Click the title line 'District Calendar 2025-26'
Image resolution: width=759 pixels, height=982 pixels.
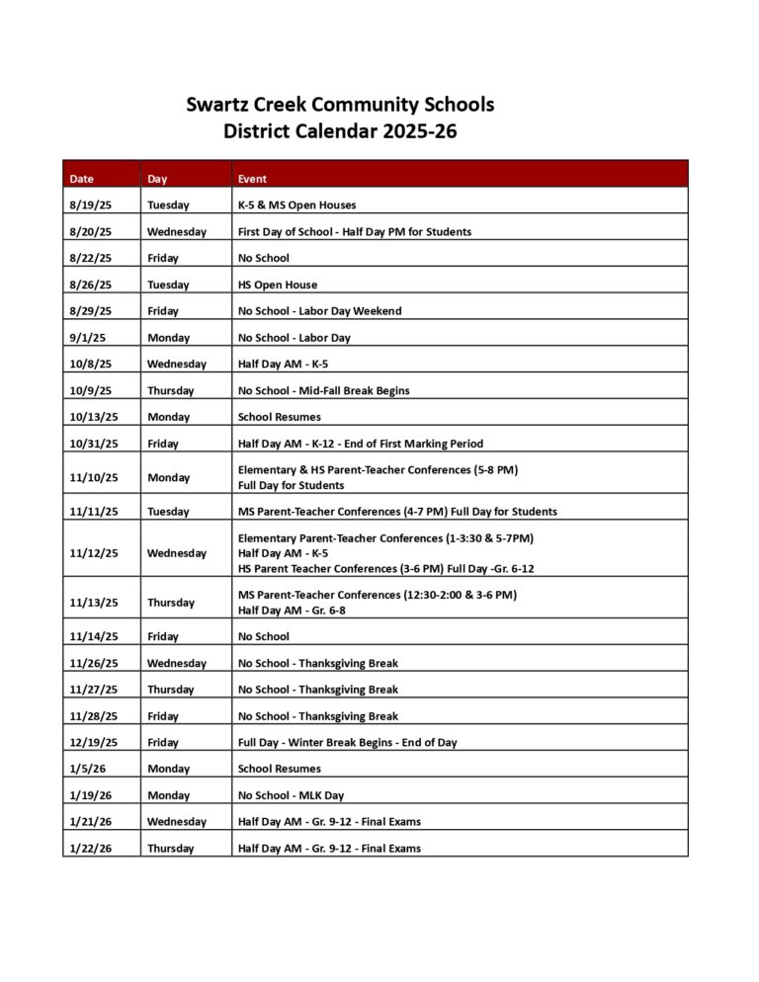(340, 129)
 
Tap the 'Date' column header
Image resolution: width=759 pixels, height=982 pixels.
(82, 179)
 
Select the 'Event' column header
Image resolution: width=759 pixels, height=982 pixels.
(252, 179)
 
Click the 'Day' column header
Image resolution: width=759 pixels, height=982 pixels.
(157, 179)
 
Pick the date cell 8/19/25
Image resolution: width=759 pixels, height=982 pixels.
(91, 205)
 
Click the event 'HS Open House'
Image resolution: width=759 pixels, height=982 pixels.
(278, 285)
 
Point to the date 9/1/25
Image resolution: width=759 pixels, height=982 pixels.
(87, 338)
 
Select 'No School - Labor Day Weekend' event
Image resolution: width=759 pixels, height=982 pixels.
(319, 311)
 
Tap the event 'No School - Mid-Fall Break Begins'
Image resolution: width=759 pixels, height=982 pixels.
(323, 390)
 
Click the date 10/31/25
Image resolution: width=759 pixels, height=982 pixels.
(94, 444)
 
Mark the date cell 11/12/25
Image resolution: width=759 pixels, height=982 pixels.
(94, 553)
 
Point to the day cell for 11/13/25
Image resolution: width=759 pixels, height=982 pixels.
(171, 603)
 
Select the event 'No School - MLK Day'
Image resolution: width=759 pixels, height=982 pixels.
(291, 795)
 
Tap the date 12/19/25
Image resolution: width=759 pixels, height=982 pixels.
(94, 742)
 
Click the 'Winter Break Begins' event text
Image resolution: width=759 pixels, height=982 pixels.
(347, 742)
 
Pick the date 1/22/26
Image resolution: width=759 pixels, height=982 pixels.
(91, 849)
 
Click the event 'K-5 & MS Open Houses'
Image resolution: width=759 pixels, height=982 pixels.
(296, 205)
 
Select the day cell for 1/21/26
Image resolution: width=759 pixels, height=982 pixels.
(177, 822)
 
